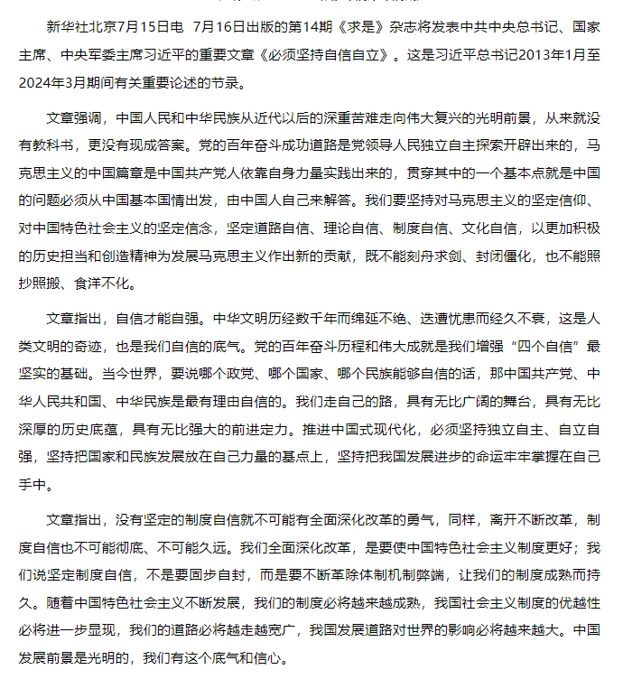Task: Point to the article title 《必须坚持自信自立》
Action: pyautogui.click(x=330, y=54)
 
